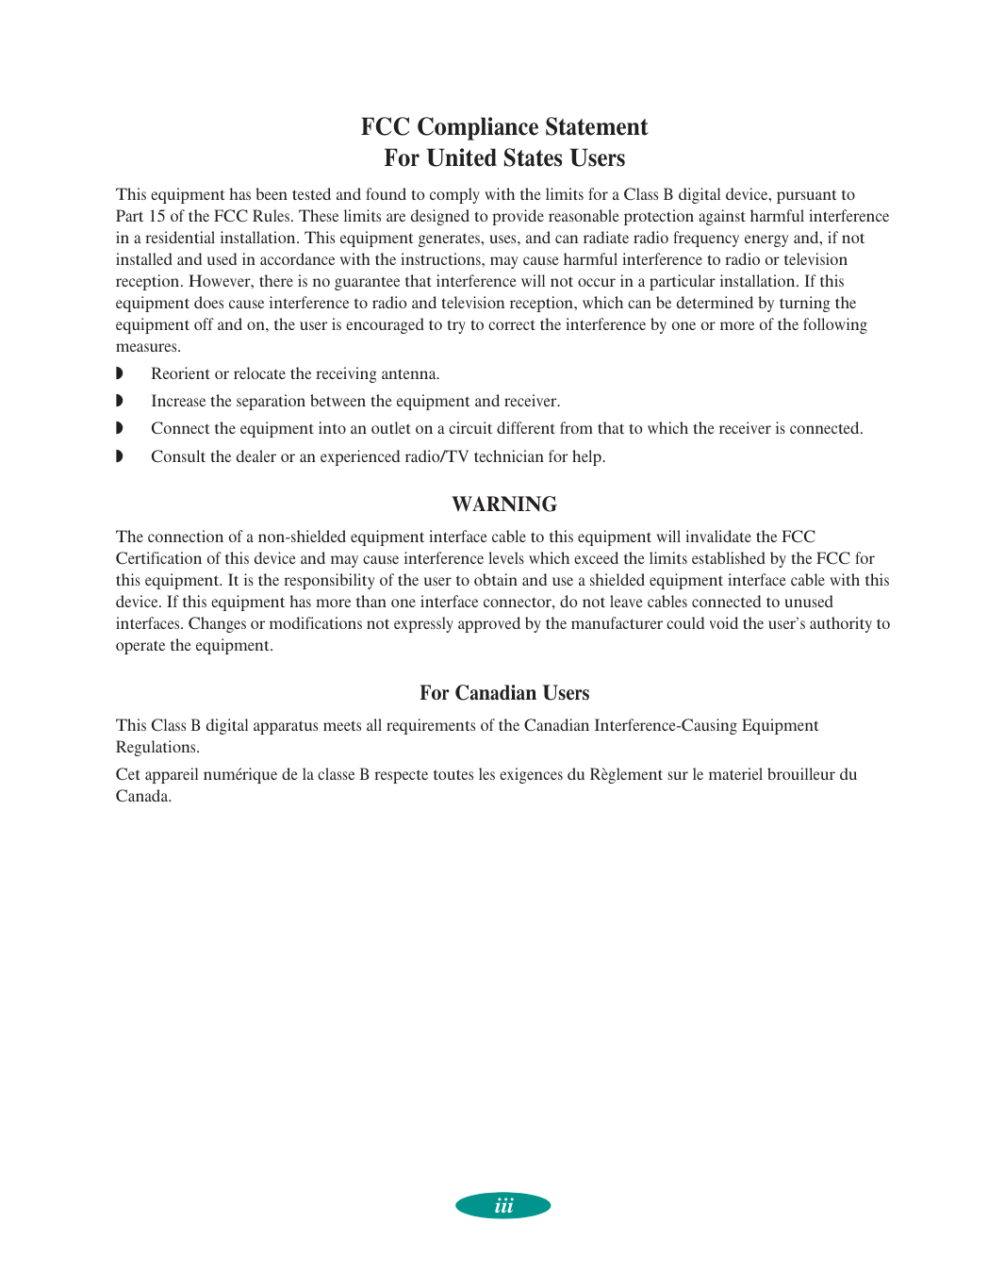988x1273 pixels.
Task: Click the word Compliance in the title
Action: [477, 127]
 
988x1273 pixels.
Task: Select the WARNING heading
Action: [504, 504]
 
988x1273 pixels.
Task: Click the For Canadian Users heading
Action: [504, 693]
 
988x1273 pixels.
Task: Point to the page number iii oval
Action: [503, 1206]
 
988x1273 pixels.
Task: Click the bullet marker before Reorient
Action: [120, 374]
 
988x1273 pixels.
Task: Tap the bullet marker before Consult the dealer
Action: [120, 457]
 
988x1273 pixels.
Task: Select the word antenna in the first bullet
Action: [410, 374]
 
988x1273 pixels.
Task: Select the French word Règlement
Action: [626, 774]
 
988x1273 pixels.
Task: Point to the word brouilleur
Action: [800, 774]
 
